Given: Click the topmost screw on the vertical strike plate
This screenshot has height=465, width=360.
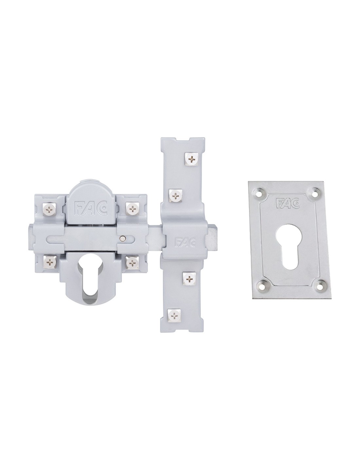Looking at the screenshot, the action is tap(191, 159).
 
